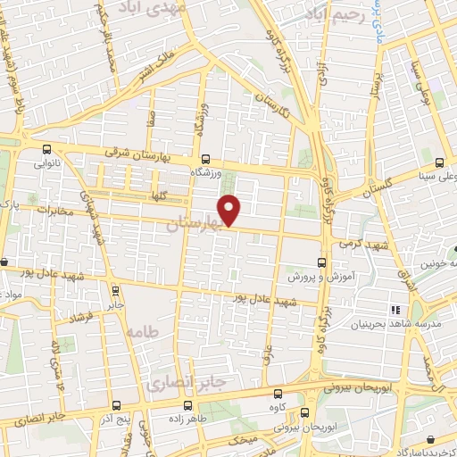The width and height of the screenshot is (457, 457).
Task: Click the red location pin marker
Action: point(230,209)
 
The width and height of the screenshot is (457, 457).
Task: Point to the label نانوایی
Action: point(48,164)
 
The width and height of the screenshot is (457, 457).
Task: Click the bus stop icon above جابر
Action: point(115,289)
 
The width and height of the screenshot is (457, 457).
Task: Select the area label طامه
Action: point(141,331)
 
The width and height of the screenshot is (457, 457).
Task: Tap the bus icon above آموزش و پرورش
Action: point(321,262)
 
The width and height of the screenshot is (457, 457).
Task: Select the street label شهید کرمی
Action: point(357,242)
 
